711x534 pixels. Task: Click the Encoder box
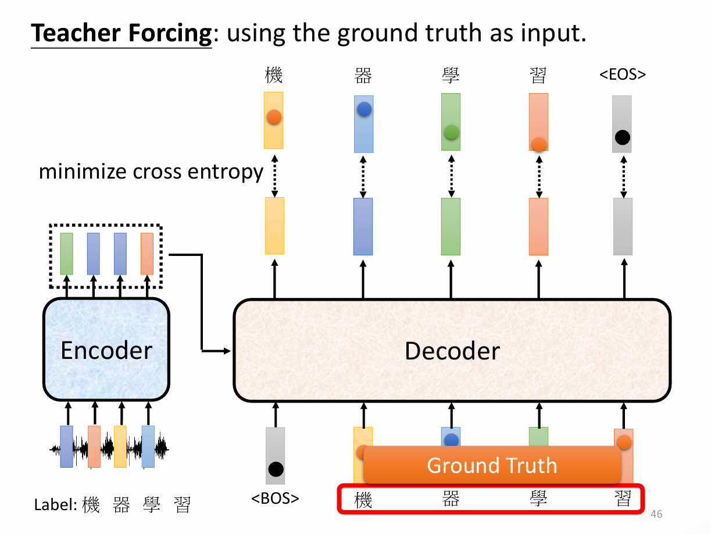[x=106, y=350]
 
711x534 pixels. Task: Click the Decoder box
[x=452, y=350]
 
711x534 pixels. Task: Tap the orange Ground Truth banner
[x=492, y=465]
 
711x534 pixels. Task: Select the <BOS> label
[x=275, y=499]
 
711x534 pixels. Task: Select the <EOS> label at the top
[x=623, y=74]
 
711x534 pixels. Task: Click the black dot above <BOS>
[x=276, y=469]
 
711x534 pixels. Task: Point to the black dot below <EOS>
[x=622, y=138]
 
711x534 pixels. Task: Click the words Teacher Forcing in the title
[x=122, y=34]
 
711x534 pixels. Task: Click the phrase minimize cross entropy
[x=151, y=172]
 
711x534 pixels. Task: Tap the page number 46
[x=656, y=514]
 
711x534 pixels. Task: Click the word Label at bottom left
[x=53, y=505]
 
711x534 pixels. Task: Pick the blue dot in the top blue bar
[x=364, y=109]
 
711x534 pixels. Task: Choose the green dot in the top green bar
[x=451, y=132]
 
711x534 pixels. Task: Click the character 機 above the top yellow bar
[x=273, y=75]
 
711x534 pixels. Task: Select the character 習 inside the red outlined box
[x=623, y=499]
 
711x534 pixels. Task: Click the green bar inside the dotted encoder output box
[x=66, y=254]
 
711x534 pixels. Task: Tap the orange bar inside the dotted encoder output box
[x=147, y=254]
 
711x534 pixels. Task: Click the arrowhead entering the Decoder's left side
[x=227, y=350]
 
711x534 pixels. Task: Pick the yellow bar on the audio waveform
[x=120, y=447]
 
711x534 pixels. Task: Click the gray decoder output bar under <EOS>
[x=623, y=226]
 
